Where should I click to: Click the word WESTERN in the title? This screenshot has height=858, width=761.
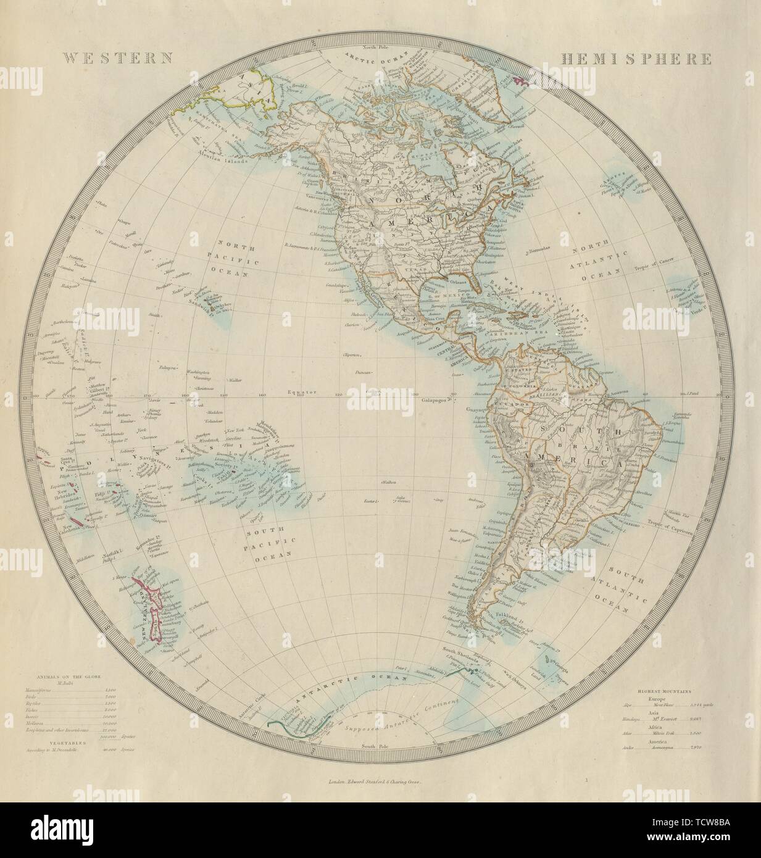(x=118, y=59)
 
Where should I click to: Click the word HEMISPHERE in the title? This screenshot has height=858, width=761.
(x=636, y=59)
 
